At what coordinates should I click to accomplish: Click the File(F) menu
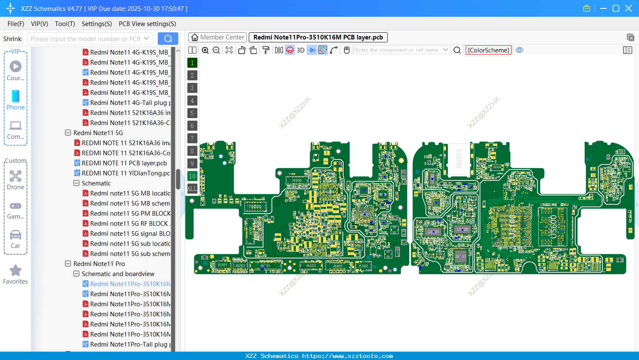click(16, 24)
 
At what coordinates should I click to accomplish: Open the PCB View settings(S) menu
click(147, 24)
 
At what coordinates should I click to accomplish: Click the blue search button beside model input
click(168, 39)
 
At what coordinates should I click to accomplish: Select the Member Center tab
click(217, 37)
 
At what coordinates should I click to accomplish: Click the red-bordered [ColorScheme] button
click(488, 50)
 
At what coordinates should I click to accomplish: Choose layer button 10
click(192, 176)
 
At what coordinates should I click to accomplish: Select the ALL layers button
click(192, 189)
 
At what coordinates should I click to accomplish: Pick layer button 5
click(192, 113)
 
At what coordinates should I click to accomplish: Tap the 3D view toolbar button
click(300, 50)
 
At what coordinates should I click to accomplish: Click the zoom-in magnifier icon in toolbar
click(205, 50)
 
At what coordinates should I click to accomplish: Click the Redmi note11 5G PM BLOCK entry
click(130, 214)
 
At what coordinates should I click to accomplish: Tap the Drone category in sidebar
click(16, 180)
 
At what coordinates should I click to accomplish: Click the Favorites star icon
click(16, 271)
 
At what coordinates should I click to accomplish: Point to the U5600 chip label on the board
click(553, 227)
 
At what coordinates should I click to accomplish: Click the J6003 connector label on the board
click(459, 158)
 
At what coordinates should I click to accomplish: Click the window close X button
click(629, 8)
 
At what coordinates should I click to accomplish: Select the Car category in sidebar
click(16, 239)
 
